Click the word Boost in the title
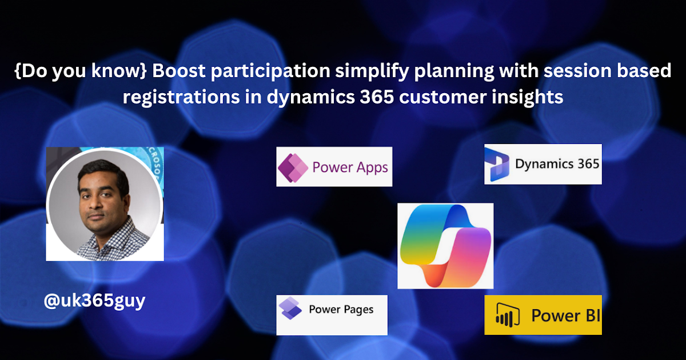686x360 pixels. (x=179, y=71)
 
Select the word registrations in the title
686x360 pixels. (x=181, y=97)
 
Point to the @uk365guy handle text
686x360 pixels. (x=94, y=301)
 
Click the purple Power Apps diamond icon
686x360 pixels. (x=293, y=167)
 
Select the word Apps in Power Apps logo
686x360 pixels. (x=372, y=168)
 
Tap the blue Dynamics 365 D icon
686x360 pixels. (x=497, y=165)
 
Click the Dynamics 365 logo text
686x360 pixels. (x=557, y=164)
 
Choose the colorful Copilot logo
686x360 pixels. (x=445, y=246)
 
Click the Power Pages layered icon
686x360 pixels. (x=290, y=308)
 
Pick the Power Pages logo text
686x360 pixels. (x=341, y=310)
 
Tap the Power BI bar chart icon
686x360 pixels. (x=508, y=315)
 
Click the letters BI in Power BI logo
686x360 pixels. (x=593, y=315)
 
